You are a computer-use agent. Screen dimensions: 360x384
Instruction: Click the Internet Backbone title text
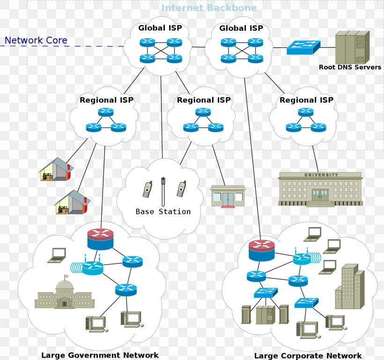[209, 8]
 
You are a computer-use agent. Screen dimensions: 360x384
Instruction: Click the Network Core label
[36, 41]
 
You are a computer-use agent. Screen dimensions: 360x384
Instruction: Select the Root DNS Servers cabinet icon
[352, 47]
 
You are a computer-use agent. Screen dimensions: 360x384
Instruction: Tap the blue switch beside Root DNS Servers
[303, 47]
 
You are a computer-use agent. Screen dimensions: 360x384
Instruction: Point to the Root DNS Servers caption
[350, 67]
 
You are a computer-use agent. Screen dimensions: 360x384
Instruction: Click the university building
[320, 189]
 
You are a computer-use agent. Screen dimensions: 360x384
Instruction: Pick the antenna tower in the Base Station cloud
[163, 191]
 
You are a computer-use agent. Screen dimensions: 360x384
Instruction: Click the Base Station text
[163, 212]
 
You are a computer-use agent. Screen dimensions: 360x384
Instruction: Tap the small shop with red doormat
[228, 196]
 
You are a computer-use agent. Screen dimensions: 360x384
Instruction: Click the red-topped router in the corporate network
[262, 250]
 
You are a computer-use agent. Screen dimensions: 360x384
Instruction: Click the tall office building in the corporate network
[349, 287]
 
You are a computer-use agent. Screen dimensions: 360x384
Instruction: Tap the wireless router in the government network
[92, 267]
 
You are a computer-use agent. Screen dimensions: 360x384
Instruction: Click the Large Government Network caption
[100, 355]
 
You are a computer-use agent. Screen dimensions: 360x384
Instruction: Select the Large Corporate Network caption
[308, 356]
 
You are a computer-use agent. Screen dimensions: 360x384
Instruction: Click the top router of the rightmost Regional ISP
[305, 112]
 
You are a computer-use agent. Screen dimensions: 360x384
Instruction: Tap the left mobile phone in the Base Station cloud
[147, 189]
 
